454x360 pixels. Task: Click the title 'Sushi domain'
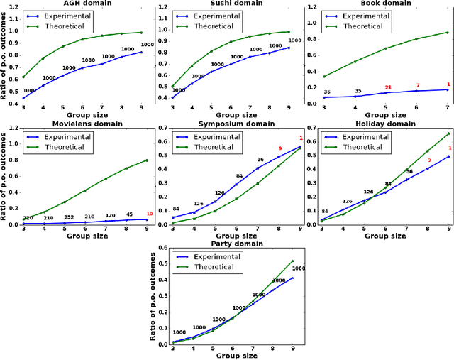(233, 4)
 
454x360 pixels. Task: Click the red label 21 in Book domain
(388, 87)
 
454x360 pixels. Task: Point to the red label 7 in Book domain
(418, 85)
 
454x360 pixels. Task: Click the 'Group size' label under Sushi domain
(233, 114)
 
